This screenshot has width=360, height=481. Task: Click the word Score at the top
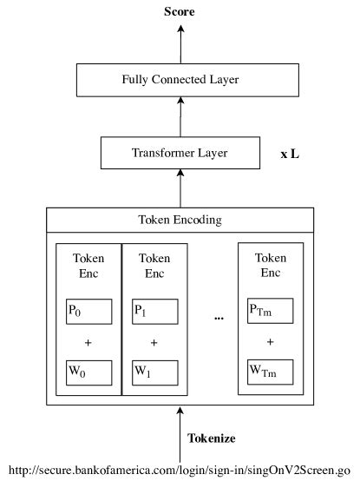(180, 12)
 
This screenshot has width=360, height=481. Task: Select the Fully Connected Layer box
(180, 81)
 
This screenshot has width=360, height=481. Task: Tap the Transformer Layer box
(180, 153)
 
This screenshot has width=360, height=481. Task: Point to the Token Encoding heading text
(180, 220)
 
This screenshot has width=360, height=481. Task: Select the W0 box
(88, 372)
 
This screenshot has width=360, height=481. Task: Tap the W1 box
(154, 372)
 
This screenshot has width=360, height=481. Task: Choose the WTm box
(271, 372)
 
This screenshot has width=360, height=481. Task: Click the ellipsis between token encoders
(219, 319)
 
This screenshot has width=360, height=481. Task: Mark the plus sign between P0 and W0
(88, 342)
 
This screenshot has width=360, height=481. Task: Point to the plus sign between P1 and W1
(154, 342)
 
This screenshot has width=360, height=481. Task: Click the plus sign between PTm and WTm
(271, 342)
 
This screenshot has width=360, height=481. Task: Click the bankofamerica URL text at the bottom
(180, 467)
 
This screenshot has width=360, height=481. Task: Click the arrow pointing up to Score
(180, 43)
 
